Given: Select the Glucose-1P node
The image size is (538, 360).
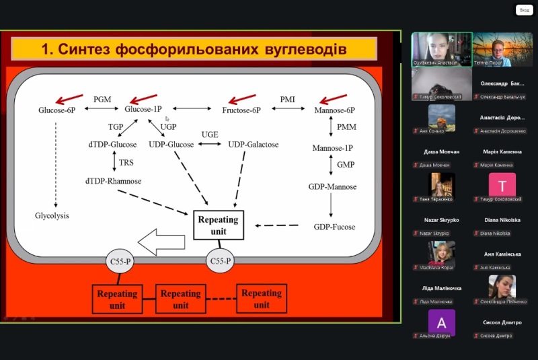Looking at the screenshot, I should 143,109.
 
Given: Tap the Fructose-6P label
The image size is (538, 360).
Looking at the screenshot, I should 241,109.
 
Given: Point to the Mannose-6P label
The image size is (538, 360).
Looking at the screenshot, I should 334,109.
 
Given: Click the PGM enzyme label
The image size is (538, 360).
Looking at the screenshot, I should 102,99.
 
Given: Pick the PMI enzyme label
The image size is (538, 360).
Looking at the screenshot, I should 288,99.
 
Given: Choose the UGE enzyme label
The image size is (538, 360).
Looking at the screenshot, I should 210,135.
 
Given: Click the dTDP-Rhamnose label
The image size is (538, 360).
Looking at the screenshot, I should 113,180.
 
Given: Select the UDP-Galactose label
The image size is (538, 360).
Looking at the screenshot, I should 253,145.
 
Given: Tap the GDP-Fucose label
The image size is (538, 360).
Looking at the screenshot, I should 334,227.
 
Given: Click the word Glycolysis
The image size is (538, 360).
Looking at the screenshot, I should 52,216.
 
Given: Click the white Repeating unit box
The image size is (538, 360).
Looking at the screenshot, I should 218,225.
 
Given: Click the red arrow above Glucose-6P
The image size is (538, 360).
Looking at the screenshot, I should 69,99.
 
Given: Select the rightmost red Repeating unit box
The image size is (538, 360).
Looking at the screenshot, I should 262,299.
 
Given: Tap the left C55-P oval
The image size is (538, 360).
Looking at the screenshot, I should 122,260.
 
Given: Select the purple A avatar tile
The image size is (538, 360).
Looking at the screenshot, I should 441,322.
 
